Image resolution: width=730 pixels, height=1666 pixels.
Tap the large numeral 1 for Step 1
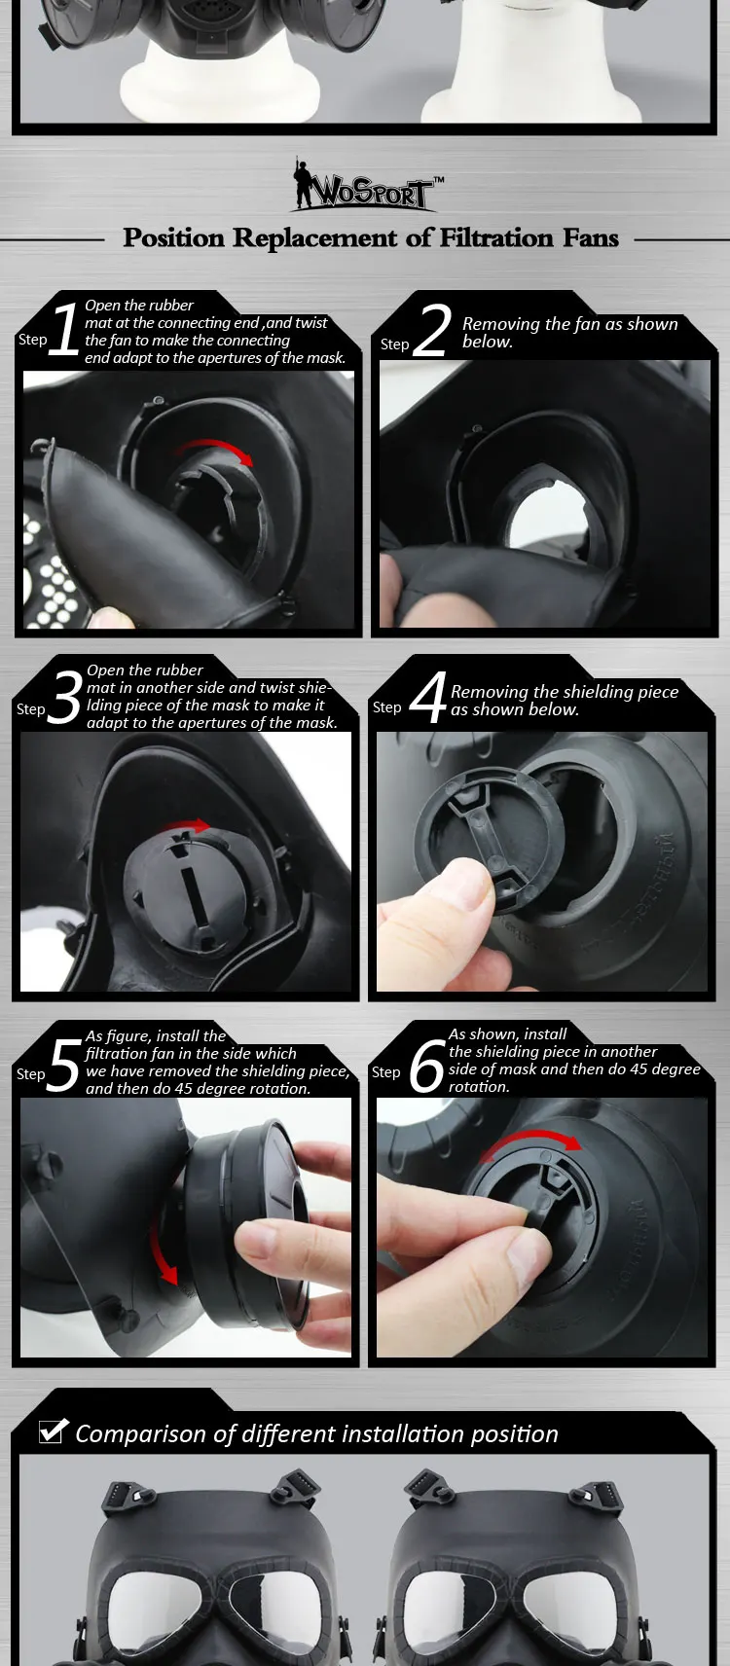65,328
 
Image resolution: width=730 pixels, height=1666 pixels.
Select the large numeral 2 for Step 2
432,330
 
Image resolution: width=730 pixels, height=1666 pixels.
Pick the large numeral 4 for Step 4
428,697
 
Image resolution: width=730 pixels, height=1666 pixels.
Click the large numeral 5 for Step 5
63,1065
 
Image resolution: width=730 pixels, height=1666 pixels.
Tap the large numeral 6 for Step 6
427,1065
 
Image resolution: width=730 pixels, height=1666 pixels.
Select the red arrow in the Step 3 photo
187,825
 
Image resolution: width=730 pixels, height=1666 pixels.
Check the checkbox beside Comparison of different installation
53,1431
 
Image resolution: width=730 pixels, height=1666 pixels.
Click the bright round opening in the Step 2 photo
545,518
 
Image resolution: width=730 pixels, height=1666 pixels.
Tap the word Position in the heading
174,238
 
